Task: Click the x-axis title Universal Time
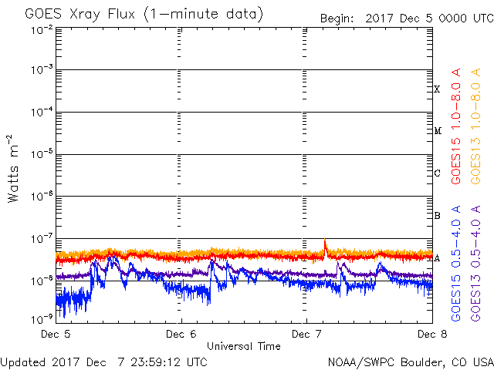(x=243, y=346)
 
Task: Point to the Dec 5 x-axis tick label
(x=56, y=335)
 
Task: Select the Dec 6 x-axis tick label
(x=181, y=335)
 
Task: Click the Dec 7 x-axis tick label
(x=306, y=335)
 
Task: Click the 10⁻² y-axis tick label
(x=42, y=29)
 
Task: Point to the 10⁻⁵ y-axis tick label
(x=42, y=153)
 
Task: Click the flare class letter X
(x=437, y=89)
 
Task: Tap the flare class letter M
(x=437, y=131)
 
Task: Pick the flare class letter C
(x=437, y=173)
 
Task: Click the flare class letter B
(x=437, y=216)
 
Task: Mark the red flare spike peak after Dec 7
(x=325, y=240)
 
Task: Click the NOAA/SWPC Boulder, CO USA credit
(x=410, y=362)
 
